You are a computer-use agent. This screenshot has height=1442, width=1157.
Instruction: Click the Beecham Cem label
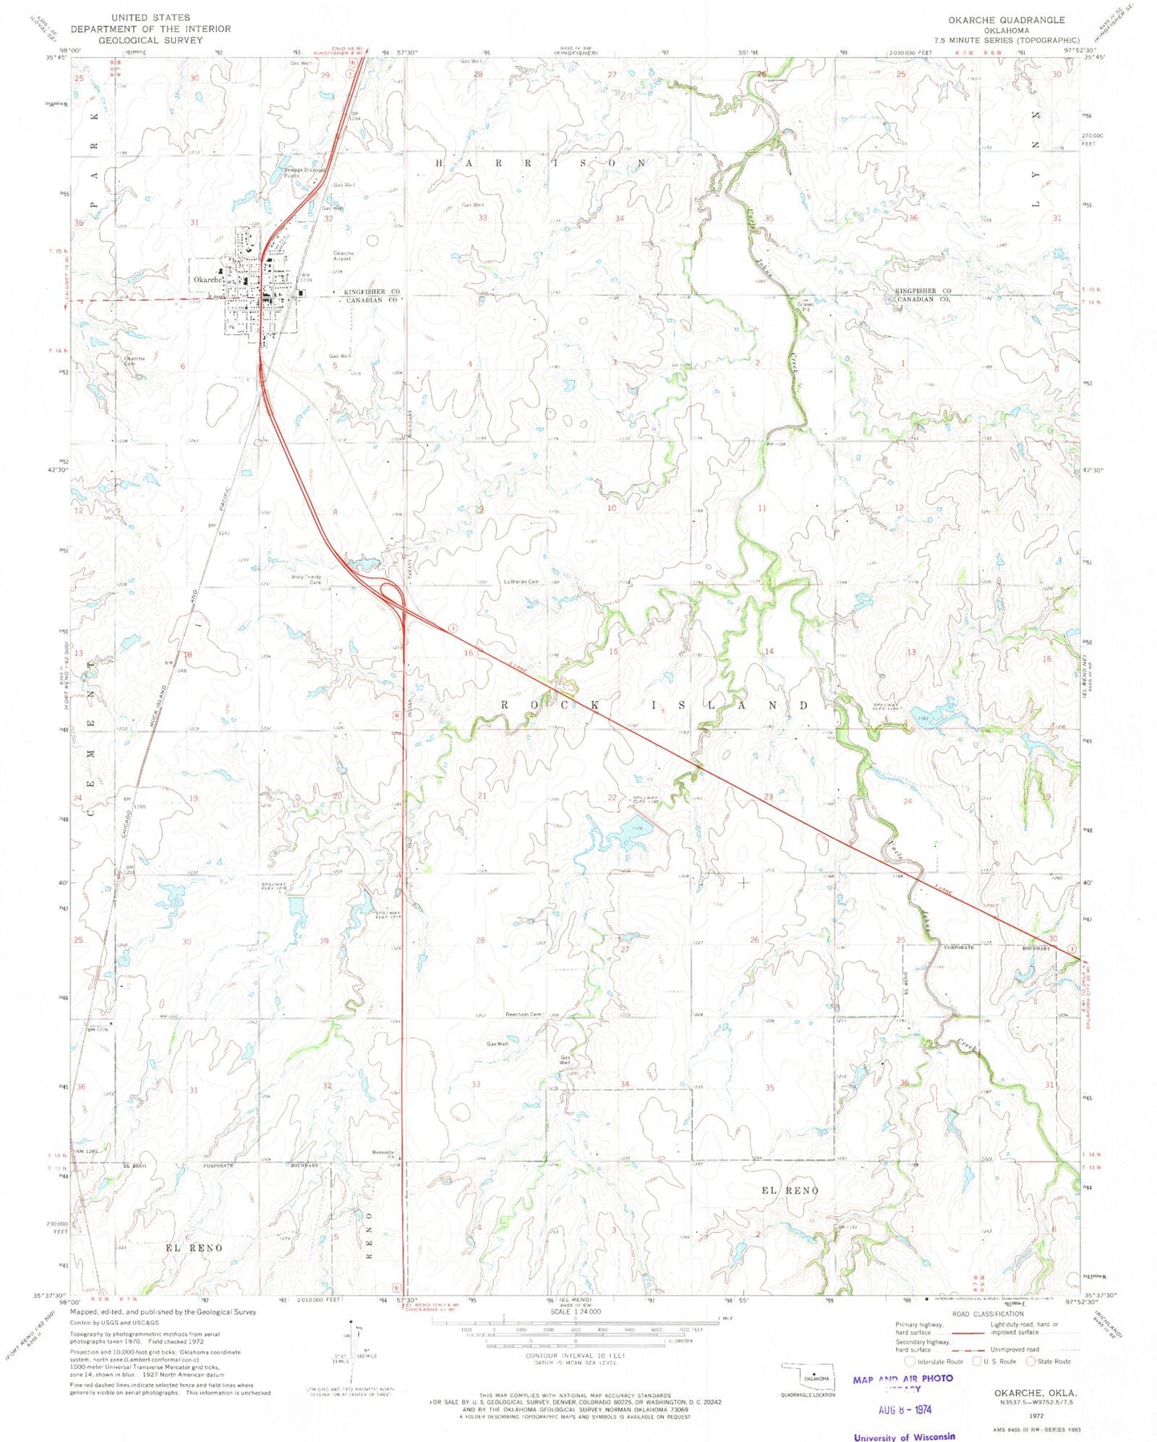tap(524, 1014)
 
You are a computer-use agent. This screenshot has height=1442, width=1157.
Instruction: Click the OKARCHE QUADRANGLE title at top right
tap(1006, 20)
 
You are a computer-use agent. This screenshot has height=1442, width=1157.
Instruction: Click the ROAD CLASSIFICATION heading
tap(987, 1314)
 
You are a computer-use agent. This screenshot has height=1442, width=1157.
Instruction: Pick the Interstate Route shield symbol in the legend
tap(910, 1361)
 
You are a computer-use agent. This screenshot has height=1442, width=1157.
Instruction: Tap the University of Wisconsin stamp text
tap(904, 1436)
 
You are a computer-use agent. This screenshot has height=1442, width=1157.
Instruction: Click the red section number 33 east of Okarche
tap(482, 217)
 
